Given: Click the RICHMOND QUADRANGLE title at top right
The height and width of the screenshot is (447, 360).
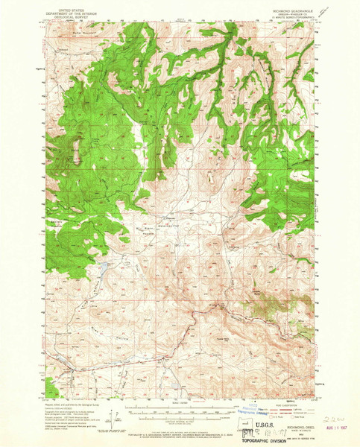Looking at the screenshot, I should tap(297, 11).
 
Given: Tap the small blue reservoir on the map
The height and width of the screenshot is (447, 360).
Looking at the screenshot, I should tap(102, 264).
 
